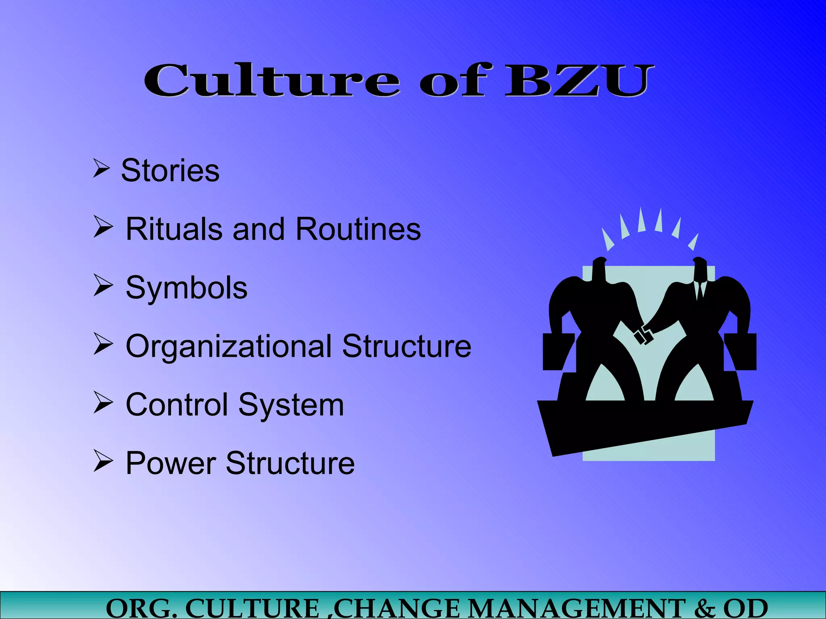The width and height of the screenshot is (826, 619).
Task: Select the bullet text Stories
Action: tap(170, 170)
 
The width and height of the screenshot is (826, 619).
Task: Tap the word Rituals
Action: tap(174, 229)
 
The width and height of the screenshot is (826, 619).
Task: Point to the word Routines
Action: tap(358, 229)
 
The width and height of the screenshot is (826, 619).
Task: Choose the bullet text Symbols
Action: tap(186, 288)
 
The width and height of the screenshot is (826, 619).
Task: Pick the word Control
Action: tap(177, 405)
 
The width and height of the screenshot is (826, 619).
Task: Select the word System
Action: tap(291, 405)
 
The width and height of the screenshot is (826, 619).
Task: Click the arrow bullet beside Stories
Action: tap(101, 168)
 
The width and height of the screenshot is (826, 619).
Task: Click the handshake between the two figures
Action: tap(643, 335)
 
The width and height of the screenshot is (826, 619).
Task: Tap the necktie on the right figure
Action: tap(700, 290)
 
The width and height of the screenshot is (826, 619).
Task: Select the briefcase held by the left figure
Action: tap(558, 351)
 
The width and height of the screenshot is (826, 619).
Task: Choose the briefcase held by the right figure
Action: tap(740, 351)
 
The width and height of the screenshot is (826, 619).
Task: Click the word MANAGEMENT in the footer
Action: tap(577, 609)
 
